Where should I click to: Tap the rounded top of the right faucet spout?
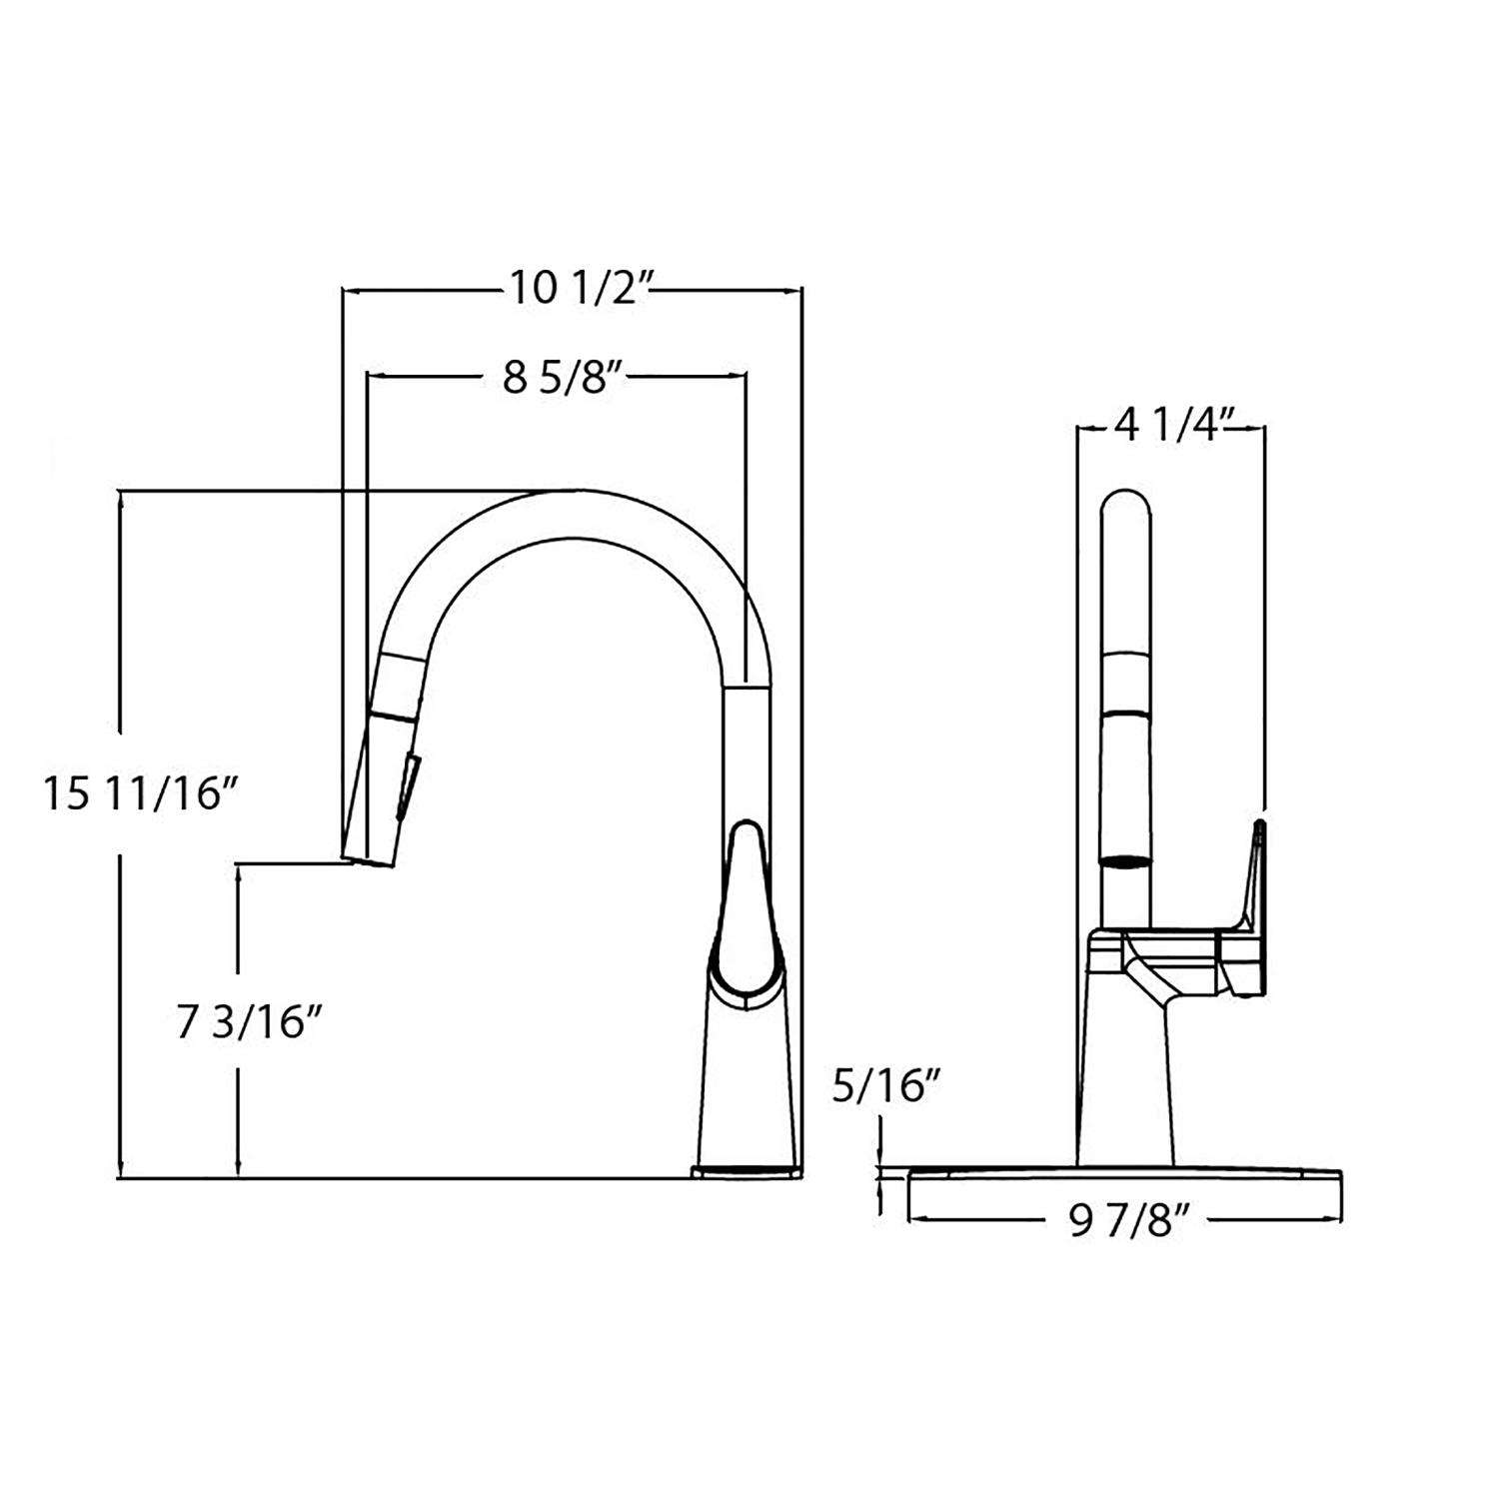[1126, 510]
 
